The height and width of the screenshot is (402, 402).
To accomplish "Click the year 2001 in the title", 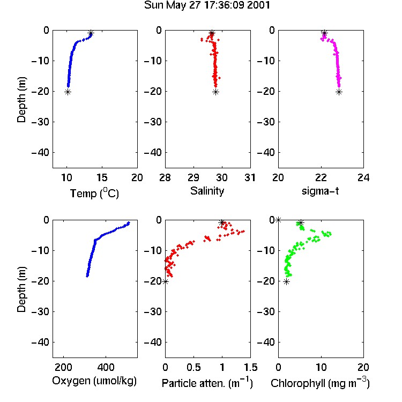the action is pos(258,5).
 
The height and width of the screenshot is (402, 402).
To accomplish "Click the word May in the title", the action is pos(177,6).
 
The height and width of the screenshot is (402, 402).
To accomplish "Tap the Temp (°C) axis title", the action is pos(94,193).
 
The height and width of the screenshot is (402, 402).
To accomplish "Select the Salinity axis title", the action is pos(207,191).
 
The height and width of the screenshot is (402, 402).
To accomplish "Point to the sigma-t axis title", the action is pos(320,191).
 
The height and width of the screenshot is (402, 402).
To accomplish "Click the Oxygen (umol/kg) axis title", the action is pos(94,381).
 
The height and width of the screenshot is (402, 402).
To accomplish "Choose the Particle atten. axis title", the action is pos(207,383).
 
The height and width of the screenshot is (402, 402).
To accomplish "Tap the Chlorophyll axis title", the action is pos(320,383).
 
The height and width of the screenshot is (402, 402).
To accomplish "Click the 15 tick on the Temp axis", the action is pos(102,177).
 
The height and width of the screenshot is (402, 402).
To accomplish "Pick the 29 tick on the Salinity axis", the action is pos(193,177).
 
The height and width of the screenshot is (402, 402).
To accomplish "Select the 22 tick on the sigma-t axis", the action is pos(321,177).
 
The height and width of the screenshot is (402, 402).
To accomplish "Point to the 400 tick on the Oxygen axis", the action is pos(106,367).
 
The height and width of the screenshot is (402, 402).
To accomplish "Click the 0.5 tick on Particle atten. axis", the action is pos(193,367).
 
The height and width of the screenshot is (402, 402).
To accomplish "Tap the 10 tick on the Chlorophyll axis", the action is pos(321,367).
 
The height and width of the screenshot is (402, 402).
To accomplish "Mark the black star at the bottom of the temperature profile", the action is pos(68,92).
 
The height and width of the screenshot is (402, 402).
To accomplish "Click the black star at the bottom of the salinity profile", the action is pos(215,92).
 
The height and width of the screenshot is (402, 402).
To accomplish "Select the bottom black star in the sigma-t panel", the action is pos(339,92).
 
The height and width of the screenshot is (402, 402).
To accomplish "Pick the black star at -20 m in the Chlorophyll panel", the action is pos(286,282).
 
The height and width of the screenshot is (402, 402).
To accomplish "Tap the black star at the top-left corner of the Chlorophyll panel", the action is pos(278,220).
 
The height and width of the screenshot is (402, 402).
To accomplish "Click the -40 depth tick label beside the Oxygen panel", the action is pos(40,342).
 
